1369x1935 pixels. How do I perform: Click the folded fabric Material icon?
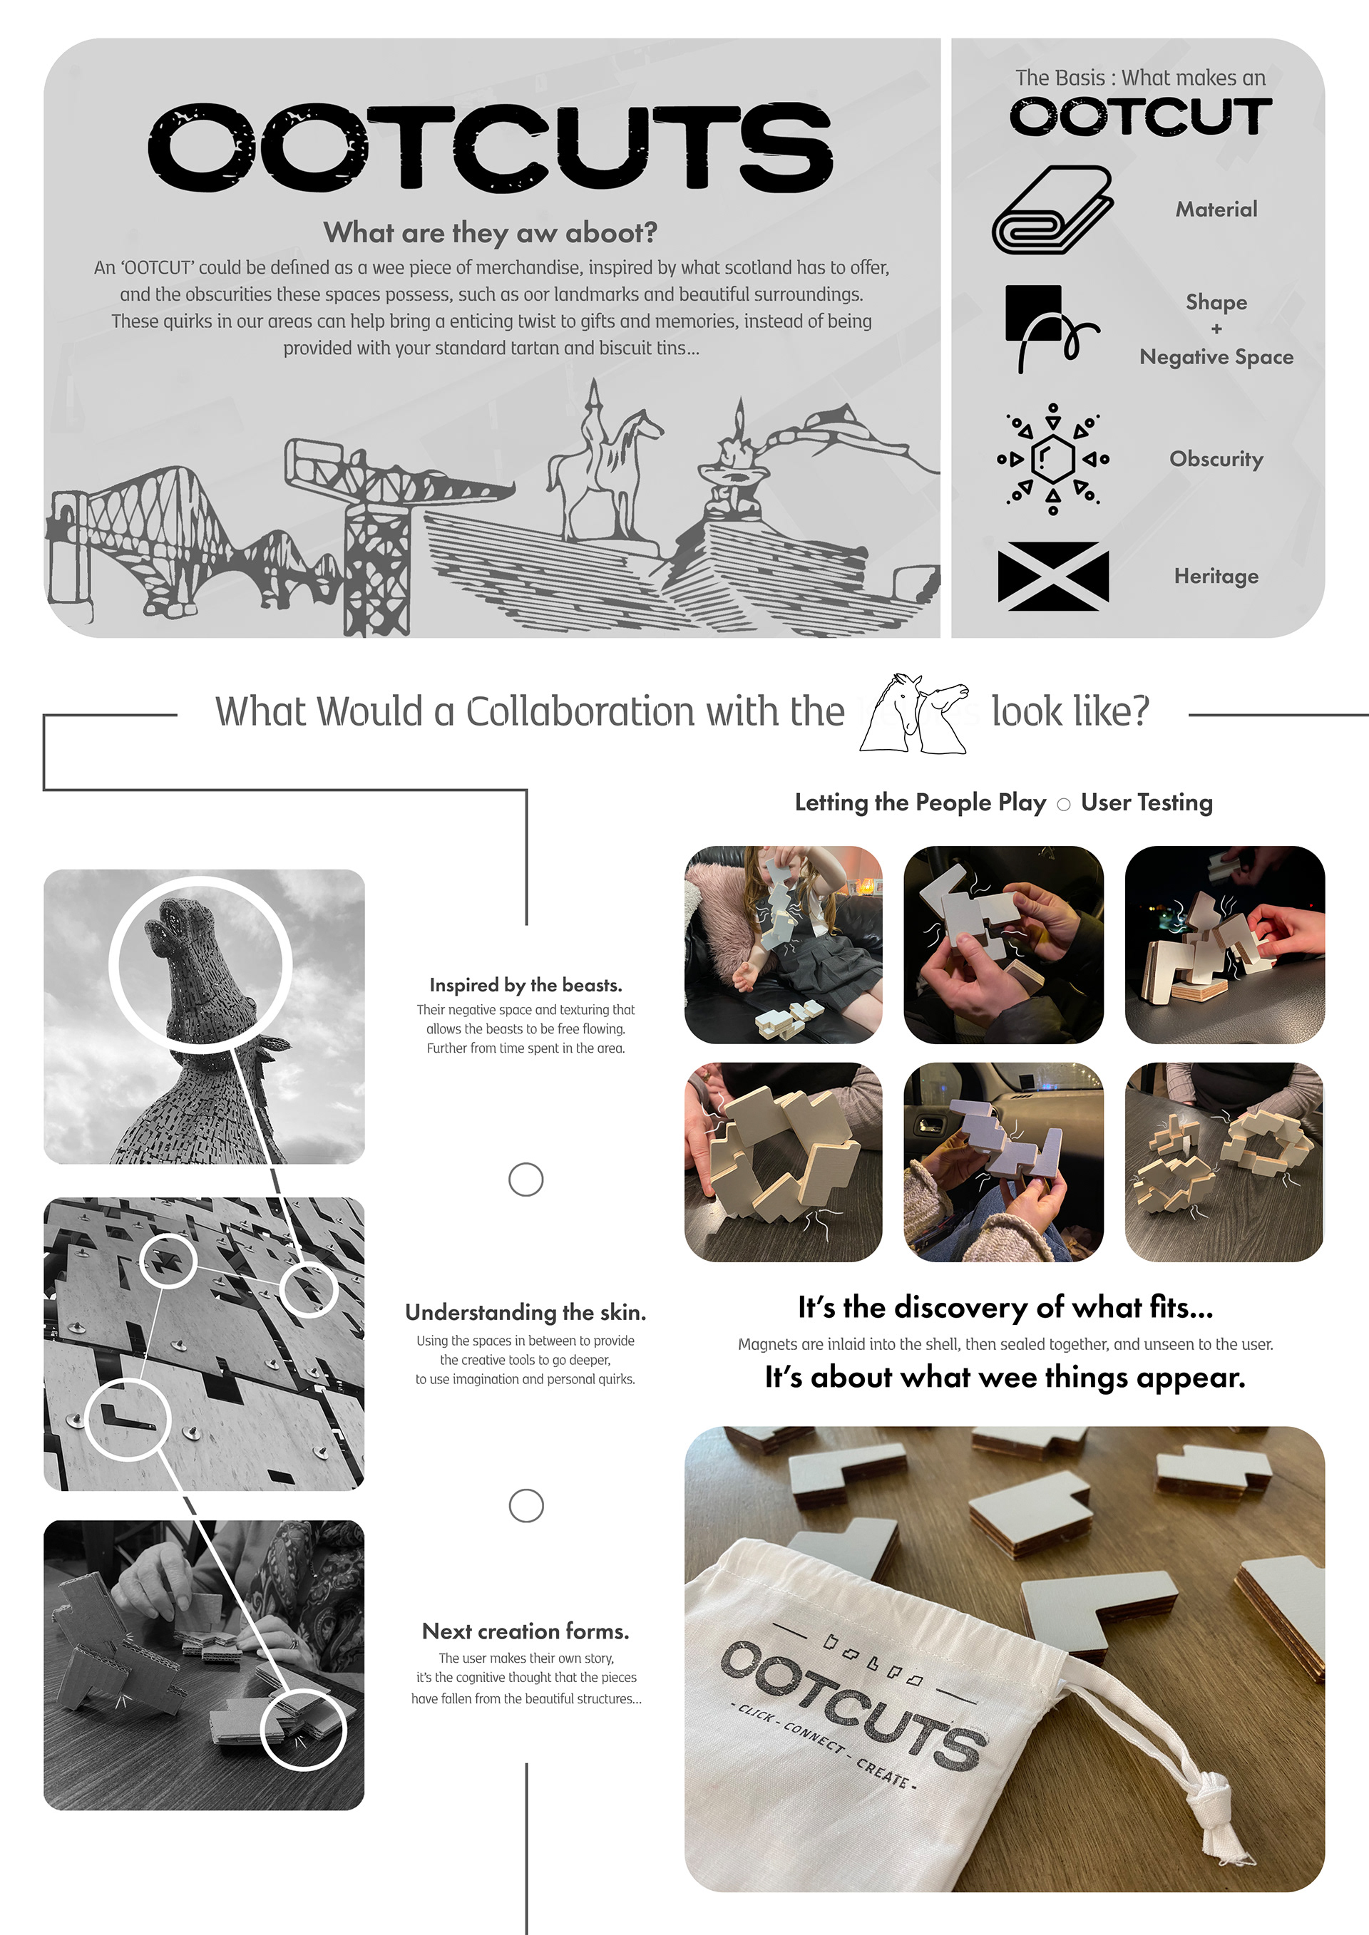pyautogui.click(x=1052, y=210)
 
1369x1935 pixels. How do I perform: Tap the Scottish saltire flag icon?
pyautogui.click(x=1053, y=577)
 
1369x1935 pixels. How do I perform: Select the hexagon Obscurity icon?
pyautogui.click(x=1053, y=459)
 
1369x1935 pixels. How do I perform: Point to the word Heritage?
pyautogui.click(x=1216, y=577)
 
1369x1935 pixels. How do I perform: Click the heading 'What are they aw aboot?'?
pyautogui.click(x=491, y=232)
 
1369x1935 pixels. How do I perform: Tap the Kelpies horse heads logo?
pyautogui.click(x=915, y=712)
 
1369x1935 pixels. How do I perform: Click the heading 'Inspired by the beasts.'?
pyautogui.click(x=526, y=985)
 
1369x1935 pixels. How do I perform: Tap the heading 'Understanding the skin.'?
pyautogui.click(x=526, y=1312)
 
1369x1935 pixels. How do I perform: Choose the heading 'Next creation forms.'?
pyautogui.click(x=526, y=1631)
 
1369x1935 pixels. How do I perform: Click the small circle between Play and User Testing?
pyautogui.click(x=1064, y=804)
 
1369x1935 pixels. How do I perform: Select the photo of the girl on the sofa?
pyautogui.click(x=783, y=945)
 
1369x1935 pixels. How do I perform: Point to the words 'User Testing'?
pyautogui.click(x=1147, y=803)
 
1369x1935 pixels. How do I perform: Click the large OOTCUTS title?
pyautogui.click(x=491, y=147)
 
